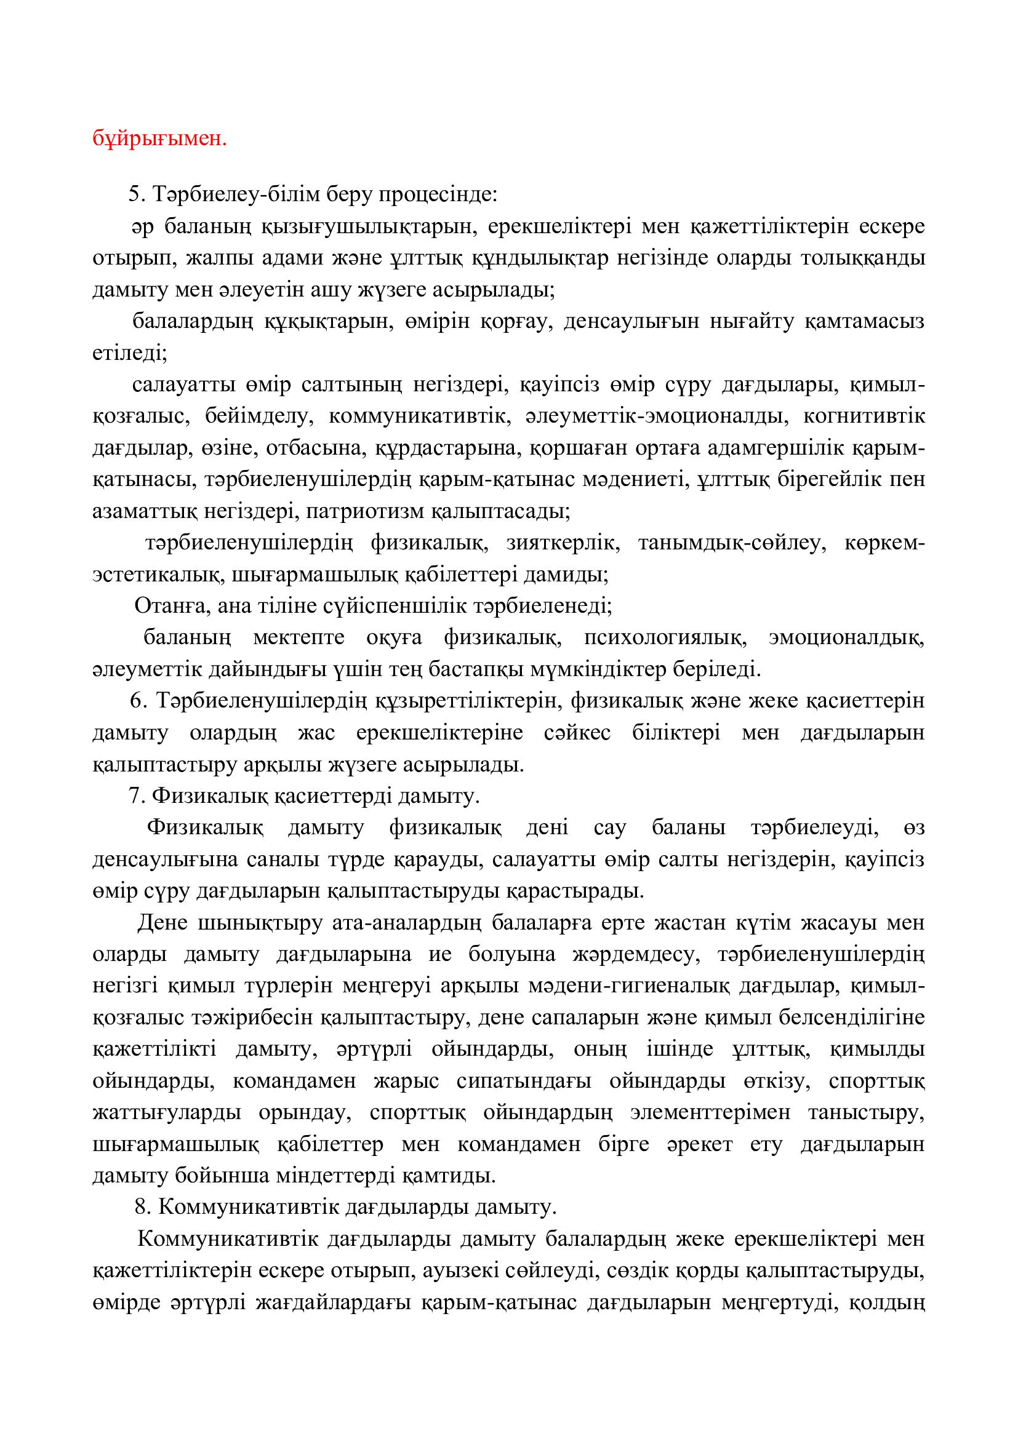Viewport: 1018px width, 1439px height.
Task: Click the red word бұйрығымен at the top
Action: (x=159, y=138)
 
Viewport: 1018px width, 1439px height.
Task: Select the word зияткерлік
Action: (x=563, y=543)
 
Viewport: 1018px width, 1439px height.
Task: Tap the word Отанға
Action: (x=166, y=605)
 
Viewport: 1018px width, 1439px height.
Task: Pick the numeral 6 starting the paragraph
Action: (x=135, y=701)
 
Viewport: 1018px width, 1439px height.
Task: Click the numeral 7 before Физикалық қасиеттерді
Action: (x=134, y=796)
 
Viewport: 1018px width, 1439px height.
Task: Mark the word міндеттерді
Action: (x=339, y=1176)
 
